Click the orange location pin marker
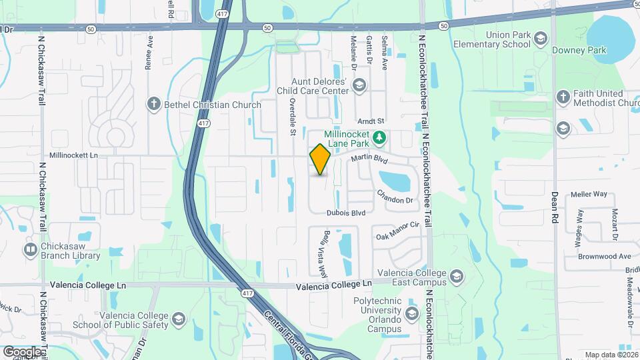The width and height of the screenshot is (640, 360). (x=321, y=159)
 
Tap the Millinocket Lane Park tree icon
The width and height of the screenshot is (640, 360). (x=380, y=138)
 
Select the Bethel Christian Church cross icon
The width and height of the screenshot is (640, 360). (x=154, y=104)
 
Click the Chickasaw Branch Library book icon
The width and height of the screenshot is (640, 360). (x=31, y=250)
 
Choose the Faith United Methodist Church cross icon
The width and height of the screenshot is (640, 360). (x=563, y=98)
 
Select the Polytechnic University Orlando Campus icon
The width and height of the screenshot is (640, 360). (x=411, y=313)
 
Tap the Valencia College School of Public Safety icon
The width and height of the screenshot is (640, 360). (x=179, y=320)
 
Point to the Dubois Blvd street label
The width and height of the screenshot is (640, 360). (x=346, y=213)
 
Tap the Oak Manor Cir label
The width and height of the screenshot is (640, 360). (x=397, y=231)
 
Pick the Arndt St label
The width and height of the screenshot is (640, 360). (x=371, y=121)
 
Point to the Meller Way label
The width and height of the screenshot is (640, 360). (x=589, y=195)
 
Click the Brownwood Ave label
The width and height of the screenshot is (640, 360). (x=605, y=256)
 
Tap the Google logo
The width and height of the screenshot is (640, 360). (x=23, y=351)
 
